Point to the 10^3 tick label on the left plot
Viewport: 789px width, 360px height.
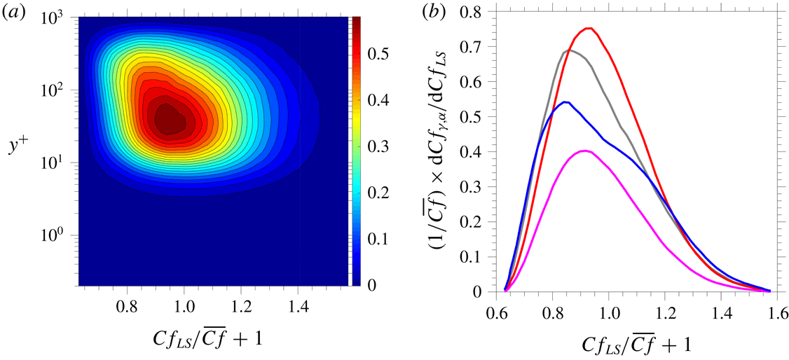(x=60, y=18)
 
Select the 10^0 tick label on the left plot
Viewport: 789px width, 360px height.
(x=60, y=235)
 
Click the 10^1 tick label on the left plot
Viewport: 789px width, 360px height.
(x=60, y=162)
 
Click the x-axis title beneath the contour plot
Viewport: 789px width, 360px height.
(x=213, y=338)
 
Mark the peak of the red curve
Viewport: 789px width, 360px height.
(x=589, y=29)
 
